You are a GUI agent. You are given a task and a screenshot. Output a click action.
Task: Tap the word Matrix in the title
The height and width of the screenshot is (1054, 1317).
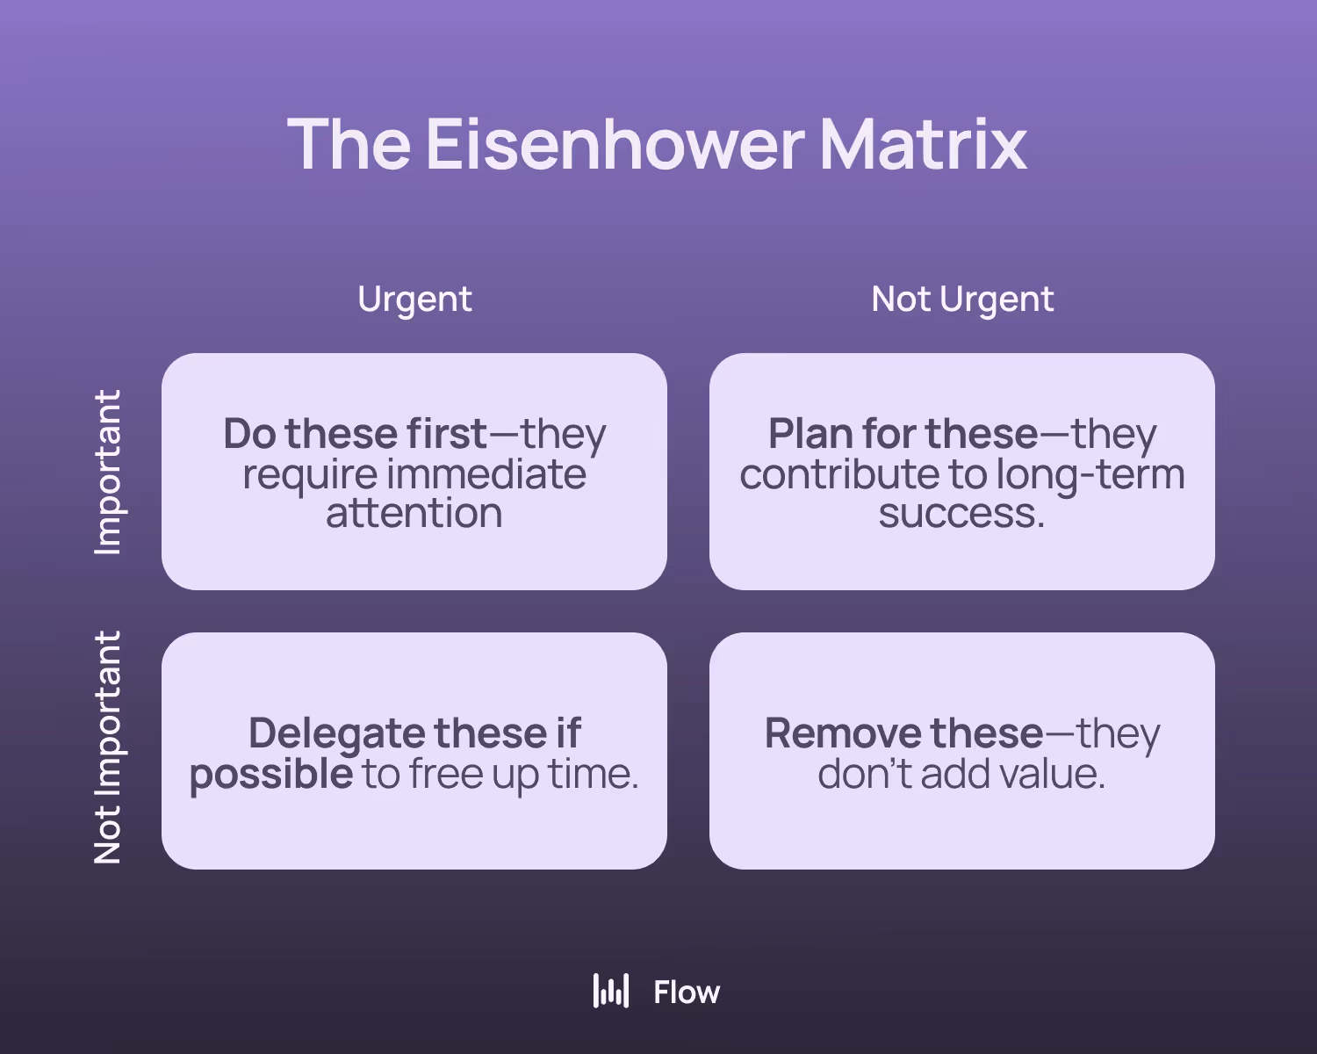pyautogui.click(x=923, y=145)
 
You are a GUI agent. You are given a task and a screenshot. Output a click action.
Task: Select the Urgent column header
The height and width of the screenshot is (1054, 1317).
pyautogui.click(x=414, y=300)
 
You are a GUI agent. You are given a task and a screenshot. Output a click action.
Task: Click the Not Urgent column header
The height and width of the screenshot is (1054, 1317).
pyautogui.click(x=962, y=300)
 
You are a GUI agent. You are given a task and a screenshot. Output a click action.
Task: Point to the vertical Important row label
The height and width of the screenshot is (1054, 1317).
pyautogui.click(x=107, y=472)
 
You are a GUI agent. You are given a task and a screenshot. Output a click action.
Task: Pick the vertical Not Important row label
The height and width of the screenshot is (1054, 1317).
pyautogui.click(x=107, y=747)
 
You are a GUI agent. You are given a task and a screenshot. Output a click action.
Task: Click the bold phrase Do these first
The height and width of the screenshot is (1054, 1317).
pyautogui.click(x=356, y=434)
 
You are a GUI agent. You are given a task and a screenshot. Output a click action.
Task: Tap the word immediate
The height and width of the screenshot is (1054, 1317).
pyautogui.click(x=486, y=474)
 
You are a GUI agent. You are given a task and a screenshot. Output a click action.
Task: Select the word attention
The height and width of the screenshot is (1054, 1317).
pyautogui.click(x=414, y=513)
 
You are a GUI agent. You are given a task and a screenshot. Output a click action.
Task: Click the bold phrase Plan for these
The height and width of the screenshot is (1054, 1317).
pyautogui.click(x=903, y=434)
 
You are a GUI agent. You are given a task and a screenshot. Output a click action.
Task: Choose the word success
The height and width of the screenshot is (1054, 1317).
pyautogui.click(x=961, y=513)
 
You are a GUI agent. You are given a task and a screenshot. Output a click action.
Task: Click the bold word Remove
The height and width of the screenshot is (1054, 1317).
pyautogui.click(x=843, y=733)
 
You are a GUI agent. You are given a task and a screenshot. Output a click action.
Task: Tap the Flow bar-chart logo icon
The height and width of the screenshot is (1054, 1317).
pyautogui.click(x=611, y=991)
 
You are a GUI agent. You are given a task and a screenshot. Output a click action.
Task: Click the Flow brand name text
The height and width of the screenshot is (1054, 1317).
pyautogui.click(x=687, y=993)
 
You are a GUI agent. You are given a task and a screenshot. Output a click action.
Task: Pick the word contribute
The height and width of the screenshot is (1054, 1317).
pyautogui.click(x=838, y=474)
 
